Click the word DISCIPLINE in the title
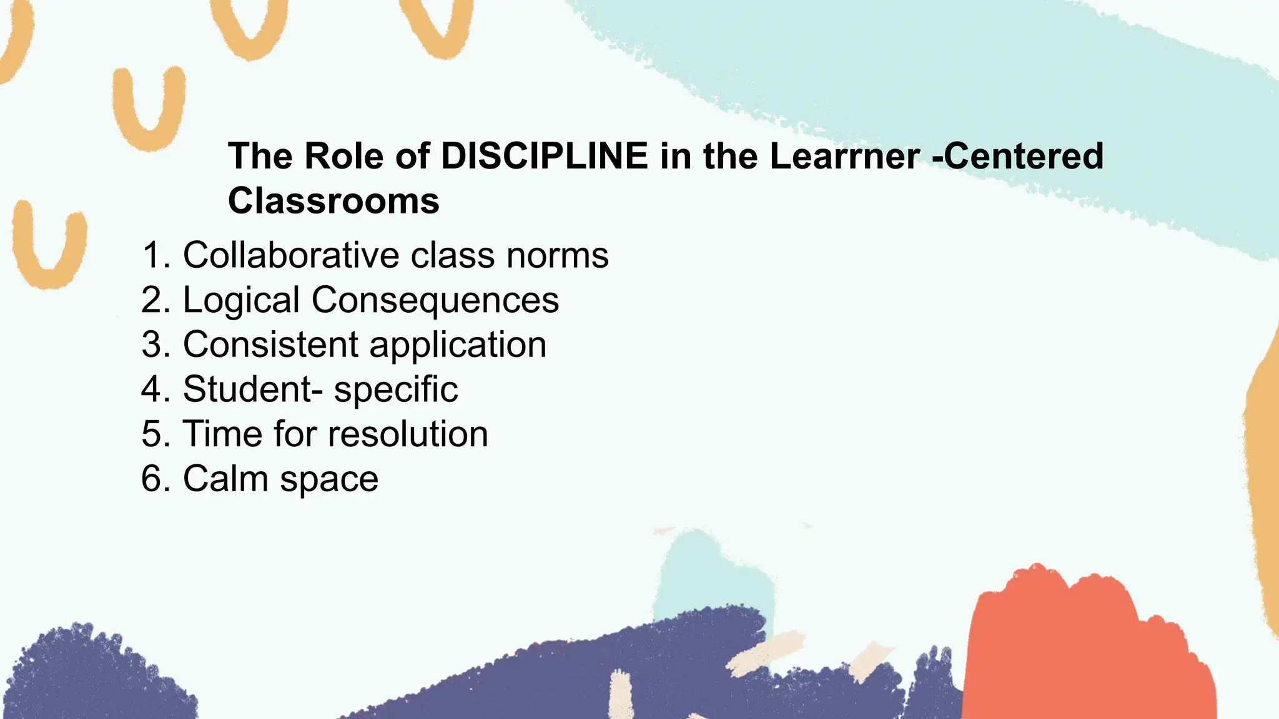pos(544,156)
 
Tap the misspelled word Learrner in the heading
pos(844,156)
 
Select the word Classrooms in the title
pos(333,201)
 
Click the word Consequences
pos(435,300)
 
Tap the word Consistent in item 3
pos(270,345)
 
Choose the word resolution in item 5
pos(408,434)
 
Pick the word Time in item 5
pos(222,434)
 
